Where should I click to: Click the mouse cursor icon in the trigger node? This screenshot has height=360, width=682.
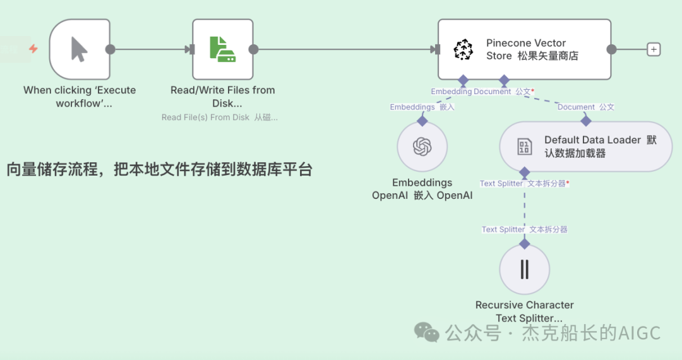(x=79, y=49)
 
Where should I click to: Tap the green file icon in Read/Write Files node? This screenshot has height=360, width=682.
(x=222, y=49)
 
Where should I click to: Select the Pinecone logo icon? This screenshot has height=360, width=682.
(x=464, y=49)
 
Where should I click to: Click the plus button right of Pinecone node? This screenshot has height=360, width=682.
(x=654, y=49)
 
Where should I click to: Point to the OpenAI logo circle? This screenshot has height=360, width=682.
(x=422, y=147)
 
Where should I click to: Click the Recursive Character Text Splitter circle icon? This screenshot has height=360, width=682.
(x=524, y=270)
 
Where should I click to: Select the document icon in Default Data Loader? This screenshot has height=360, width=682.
(x=524, y=147)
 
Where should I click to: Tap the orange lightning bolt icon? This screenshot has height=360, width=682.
(x=33, y=49)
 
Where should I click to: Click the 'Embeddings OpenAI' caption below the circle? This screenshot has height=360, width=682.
(x=422, y=189)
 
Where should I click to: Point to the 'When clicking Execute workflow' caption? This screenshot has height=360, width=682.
(x=80, y=97)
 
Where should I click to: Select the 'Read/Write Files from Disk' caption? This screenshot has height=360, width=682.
(x=223, y=97)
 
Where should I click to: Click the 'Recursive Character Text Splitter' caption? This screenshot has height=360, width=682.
(x=525, y=311)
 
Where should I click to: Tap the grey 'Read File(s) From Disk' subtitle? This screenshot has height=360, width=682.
(x=219, y=117)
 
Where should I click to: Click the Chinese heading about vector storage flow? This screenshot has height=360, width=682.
(x=159, y=169)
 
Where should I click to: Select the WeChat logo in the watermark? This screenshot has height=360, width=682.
(x=427, y=332)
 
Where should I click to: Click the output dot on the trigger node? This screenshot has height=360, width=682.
(x=110, y=49)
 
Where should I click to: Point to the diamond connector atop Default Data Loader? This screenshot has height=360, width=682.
(x=586, y=121)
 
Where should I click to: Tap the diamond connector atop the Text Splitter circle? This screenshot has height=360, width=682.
(x=524, y=243)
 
